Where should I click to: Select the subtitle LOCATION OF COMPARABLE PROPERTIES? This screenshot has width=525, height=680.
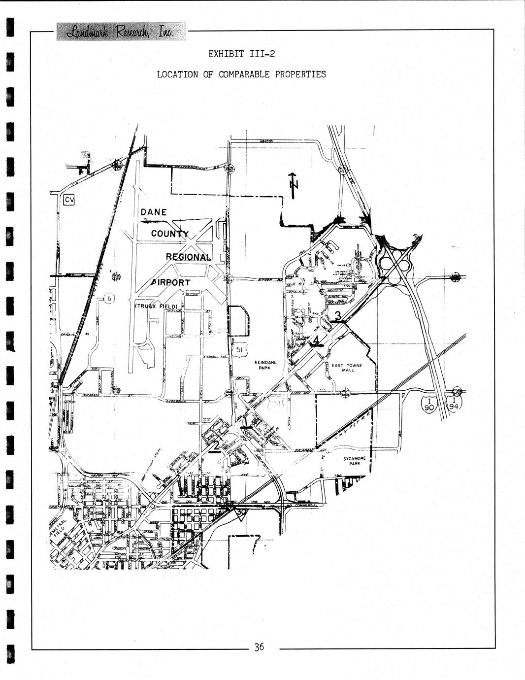point(241,74)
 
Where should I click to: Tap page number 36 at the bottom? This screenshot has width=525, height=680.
point(259,647)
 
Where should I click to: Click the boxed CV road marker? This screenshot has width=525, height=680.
point(68,200)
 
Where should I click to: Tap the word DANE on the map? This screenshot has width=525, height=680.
point(154,212)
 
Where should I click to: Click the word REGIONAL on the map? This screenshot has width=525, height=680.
point(189,257)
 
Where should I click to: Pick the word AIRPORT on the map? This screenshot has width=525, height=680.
point(170,282)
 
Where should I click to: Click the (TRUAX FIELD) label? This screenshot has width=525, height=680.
point(156,306)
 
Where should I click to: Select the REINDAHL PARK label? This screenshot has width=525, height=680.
point(265,365)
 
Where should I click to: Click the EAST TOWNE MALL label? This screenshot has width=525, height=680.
point(346,368)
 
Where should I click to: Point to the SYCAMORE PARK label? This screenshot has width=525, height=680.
point(355,461)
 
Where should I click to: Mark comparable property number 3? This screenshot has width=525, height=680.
point(338,315)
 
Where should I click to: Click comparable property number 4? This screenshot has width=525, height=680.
point(316,339)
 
